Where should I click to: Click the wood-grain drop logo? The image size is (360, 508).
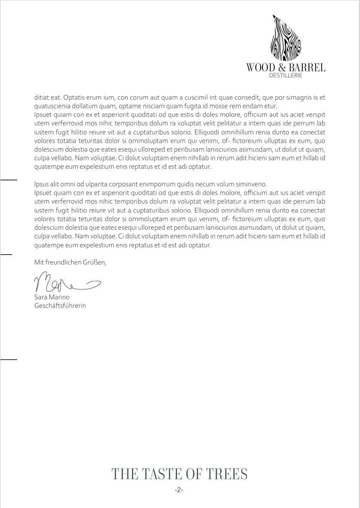(x=285, y=38)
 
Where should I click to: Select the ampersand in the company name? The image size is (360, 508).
(x=281, y=67)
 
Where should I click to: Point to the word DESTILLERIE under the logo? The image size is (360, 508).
(x=286, y=76)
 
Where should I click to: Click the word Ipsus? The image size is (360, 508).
(x=42, y=184)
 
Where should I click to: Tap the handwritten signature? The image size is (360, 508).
(x=67, y=282)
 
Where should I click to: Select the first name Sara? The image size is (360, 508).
(x=40, y=297)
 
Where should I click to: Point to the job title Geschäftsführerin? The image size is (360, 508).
(x=60, y=306)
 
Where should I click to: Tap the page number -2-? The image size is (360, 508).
(x=179, y=490)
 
